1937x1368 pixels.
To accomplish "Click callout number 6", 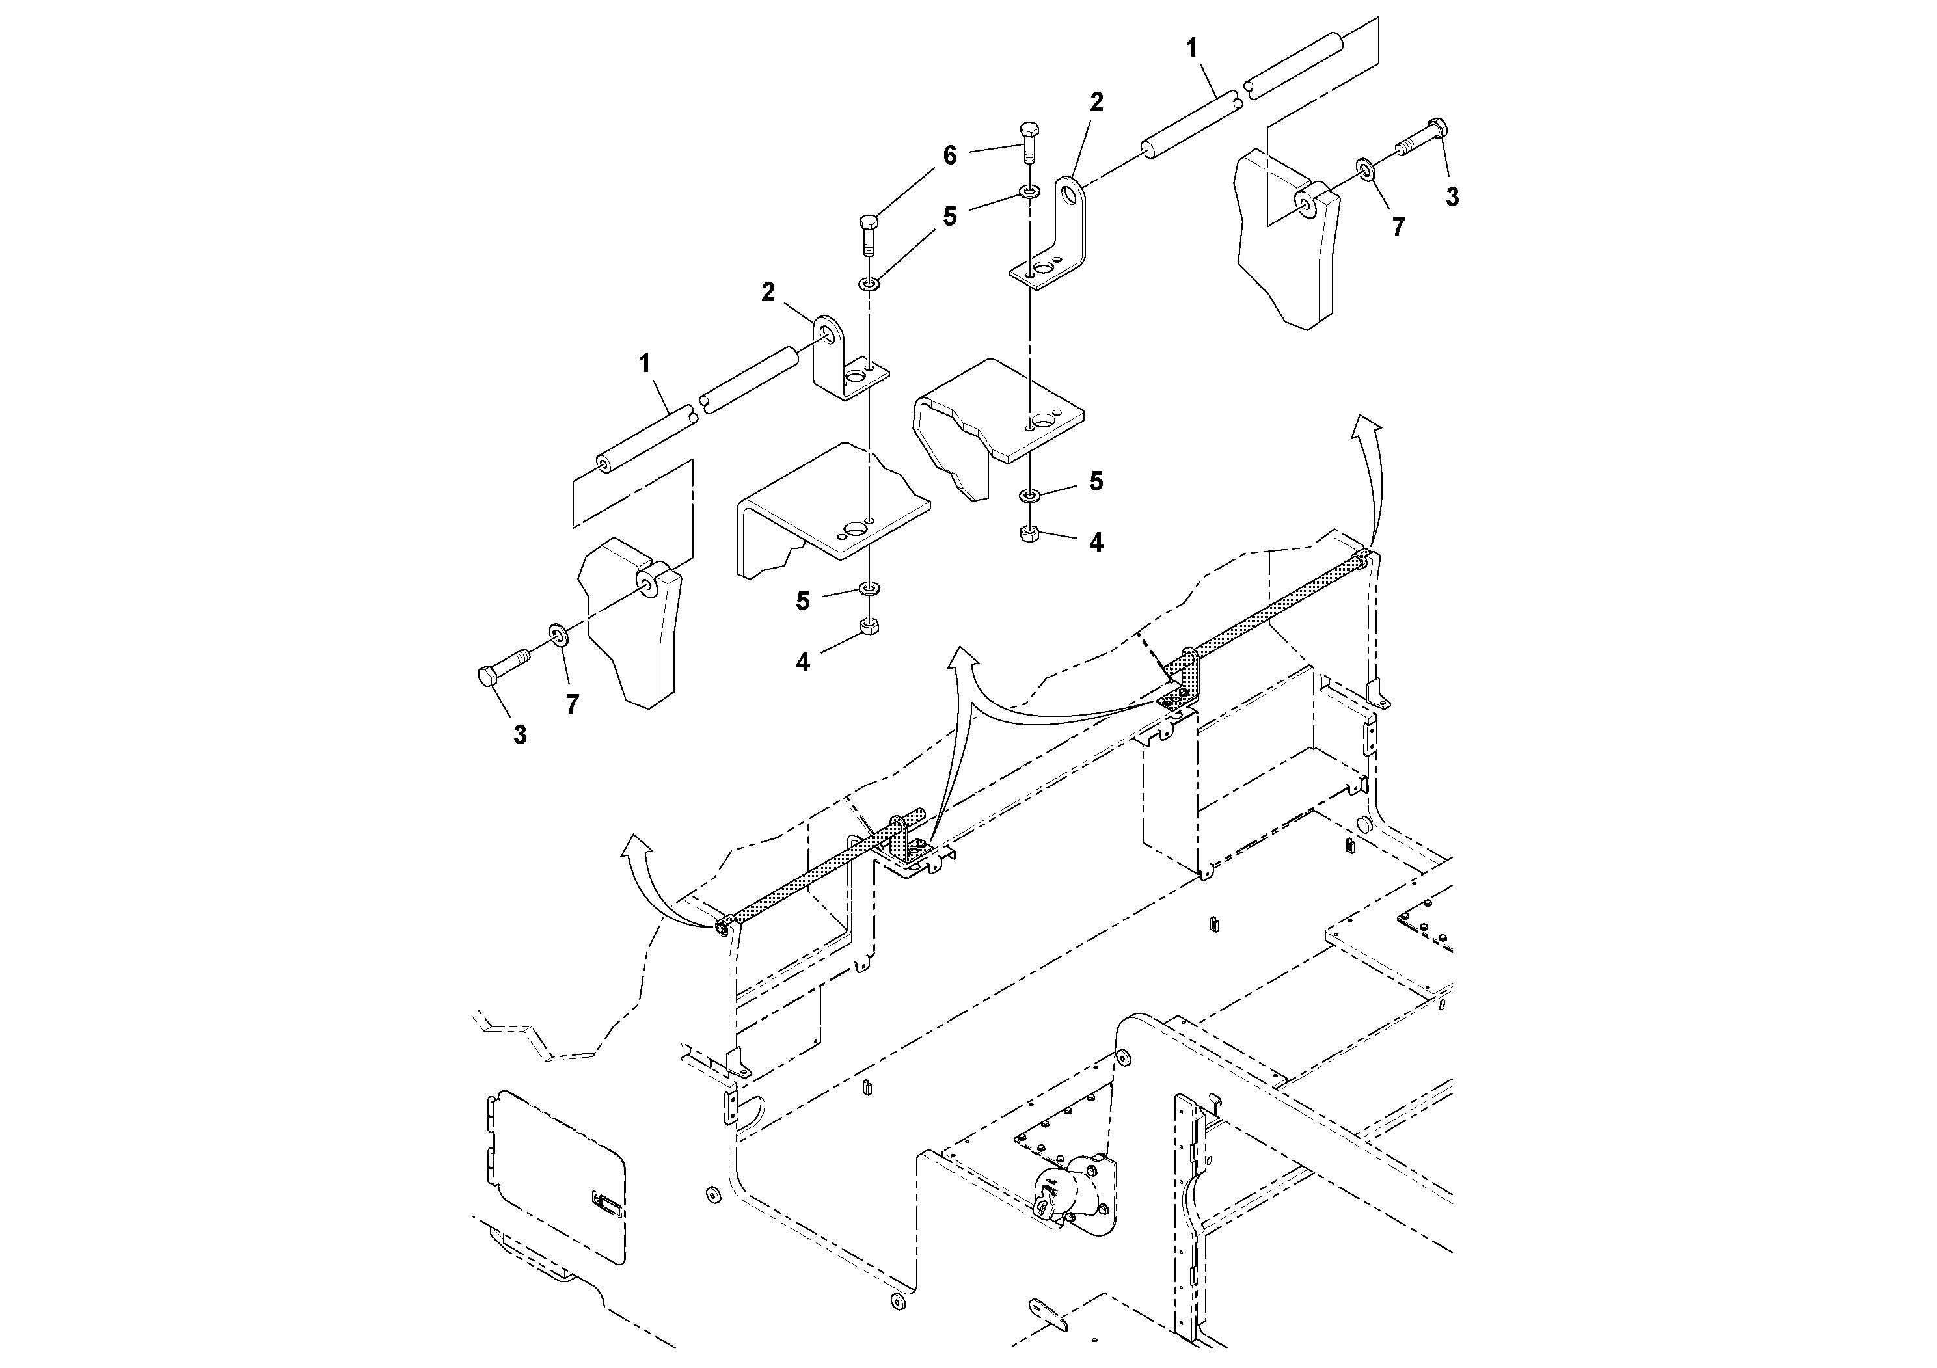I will pos(950,156).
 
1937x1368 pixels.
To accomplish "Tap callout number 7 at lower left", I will pos(572,705).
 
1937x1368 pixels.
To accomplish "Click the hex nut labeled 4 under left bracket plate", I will pos(869,626).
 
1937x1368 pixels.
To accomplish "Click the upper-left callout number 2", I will pos(768,293).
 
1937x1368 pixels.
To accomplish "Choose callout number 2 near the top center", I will pos(1096,103).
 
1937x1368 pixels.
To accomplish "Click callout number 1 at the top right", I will pos(1192,49).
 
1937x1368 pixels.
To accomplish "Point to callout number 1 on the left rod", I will pos(645,364).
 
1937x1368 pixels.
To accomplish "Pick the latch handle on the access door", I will pos(606,1203).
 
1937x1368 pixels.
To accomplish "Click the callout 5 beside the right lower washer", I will pos(1096,481).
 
